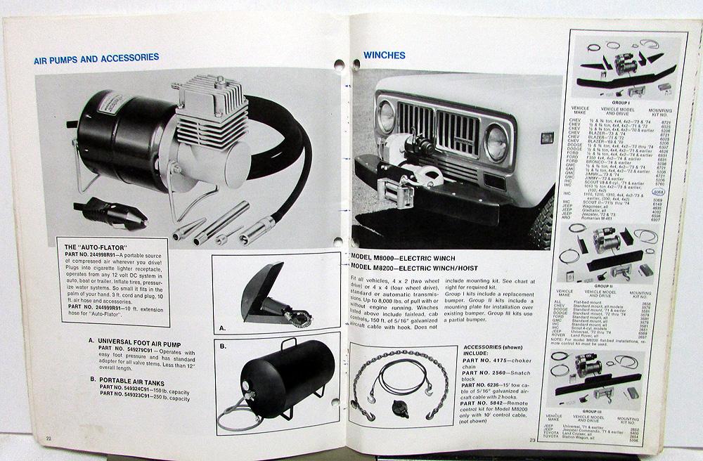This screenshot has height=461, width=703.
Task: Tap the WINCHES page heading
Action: click(385, 55)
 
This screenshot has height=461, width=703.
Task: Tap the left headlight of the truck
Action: click(387, 117)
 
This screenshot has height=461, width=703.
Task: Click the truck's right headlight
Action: click(496, 143)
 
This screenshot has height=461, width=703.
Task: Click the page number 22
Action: click(49, 439)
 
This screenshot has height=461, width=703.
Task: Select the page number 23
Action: click(532, 440)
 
